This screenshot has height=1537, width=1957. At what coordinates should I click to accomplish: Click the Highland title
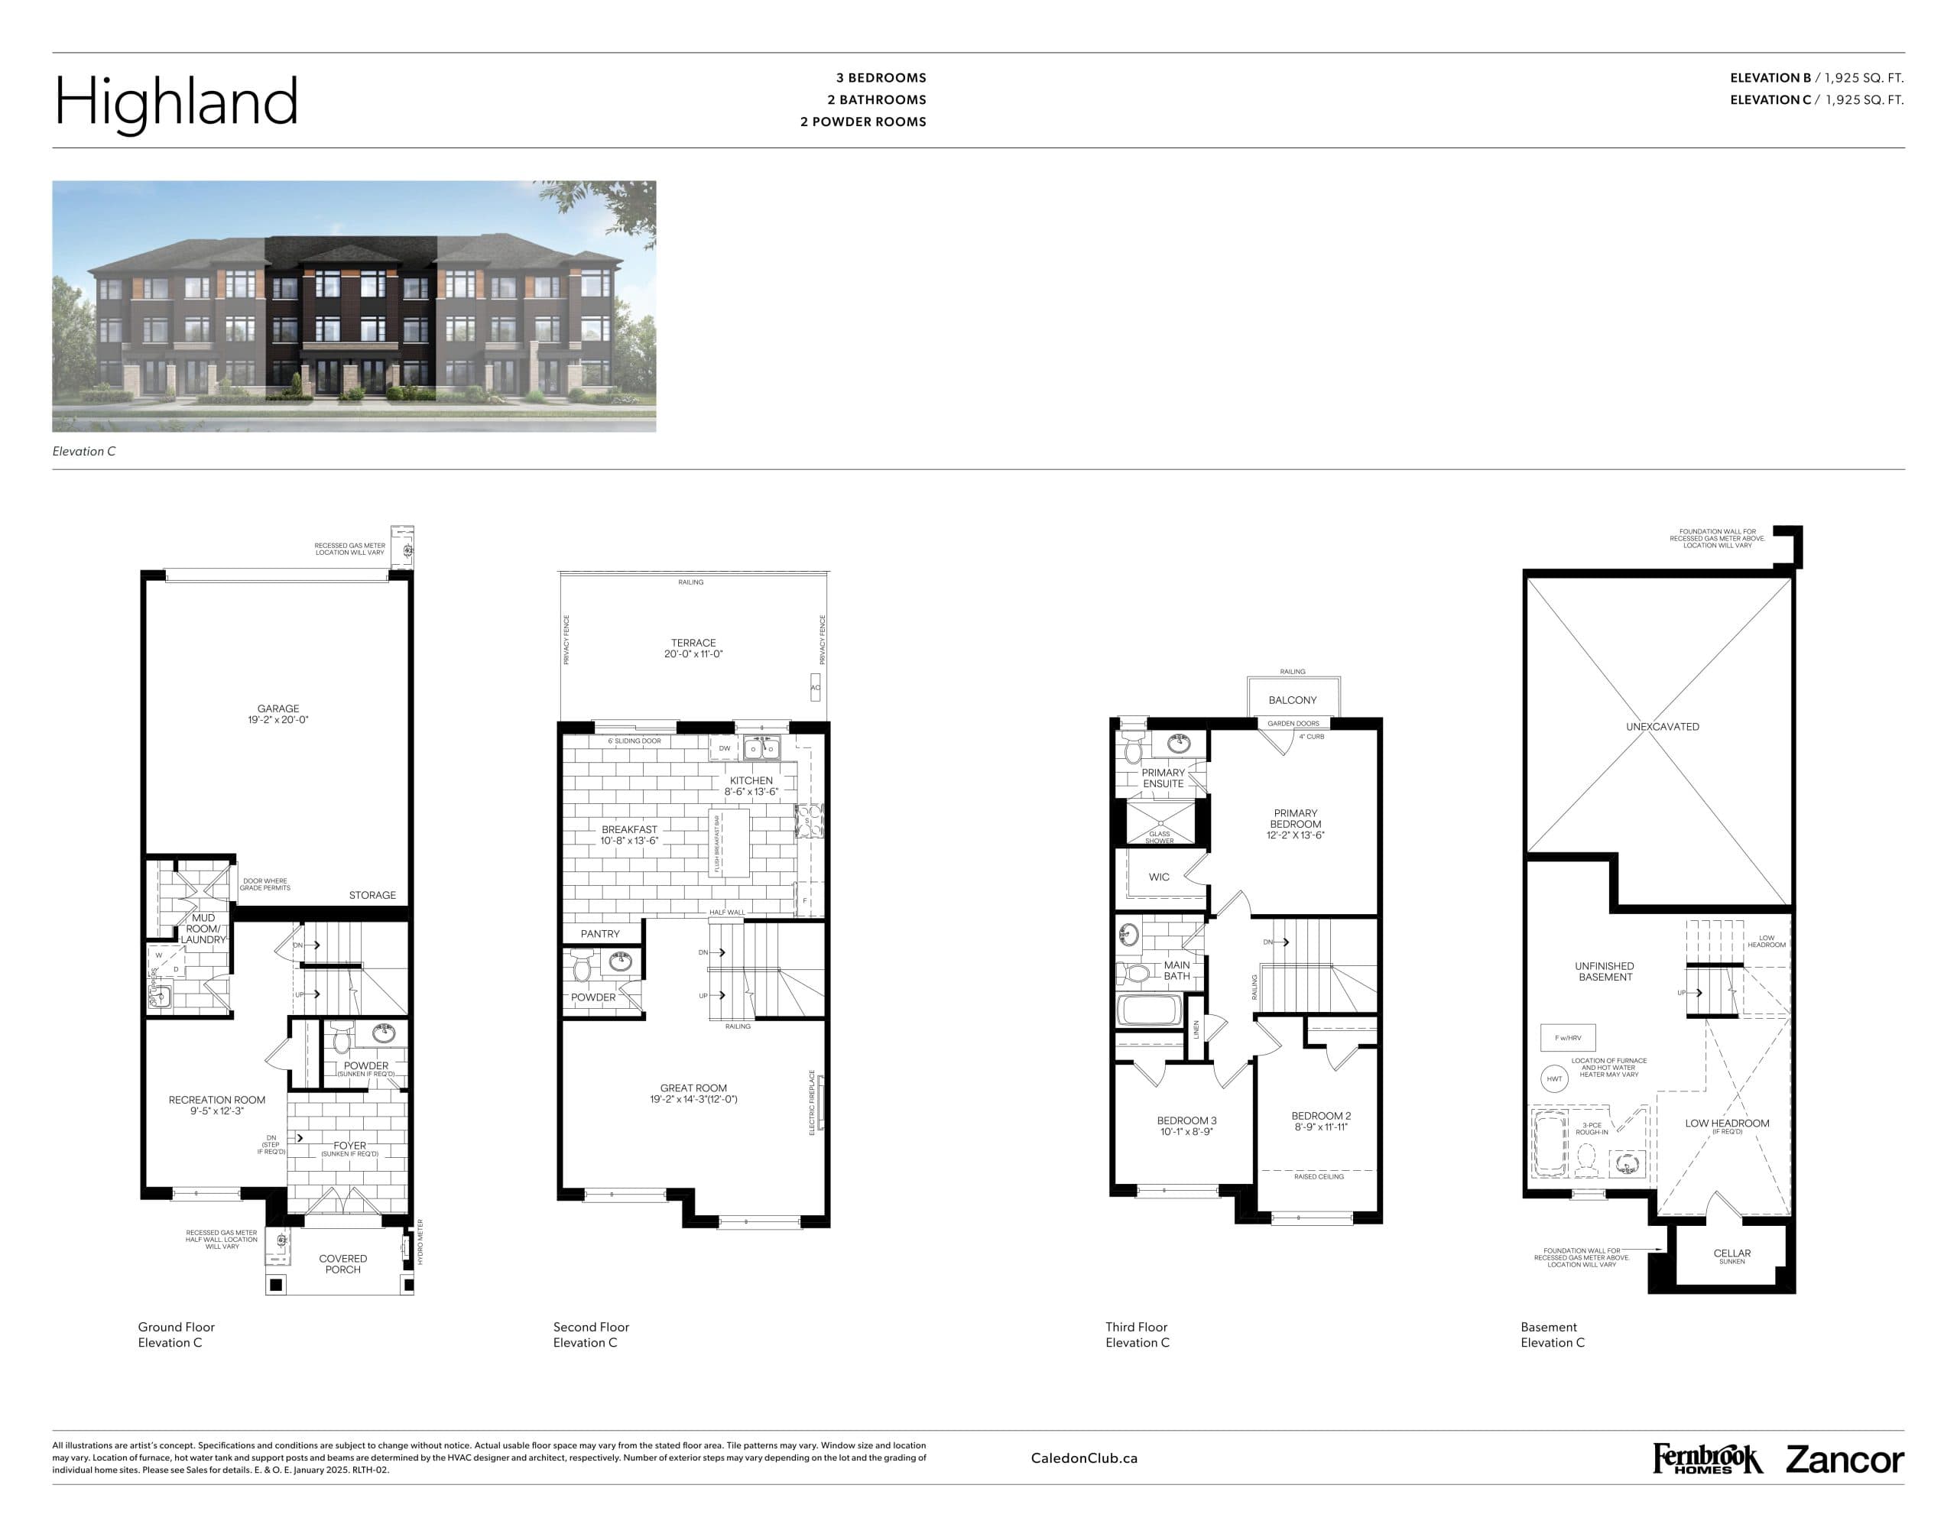177,101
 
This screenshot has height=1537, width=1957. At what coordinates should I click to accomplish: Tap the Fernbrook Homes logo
1707,1459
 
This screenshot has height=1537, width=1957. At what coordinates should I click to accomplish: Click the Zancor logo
1845,1460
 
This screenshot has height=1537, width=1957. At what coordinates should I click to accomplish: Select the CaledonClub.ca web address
1084,1458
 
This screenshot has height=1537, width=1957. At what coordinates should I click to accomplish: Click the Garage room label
278,709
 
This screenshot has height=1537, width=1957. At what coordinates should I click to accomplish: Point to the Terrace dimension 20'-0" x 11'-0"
693,654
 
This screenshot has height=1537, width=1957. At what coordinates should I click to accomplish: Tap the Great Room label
693,1088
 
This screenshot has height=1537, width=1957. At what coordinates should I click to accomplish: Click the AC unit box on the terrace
816,688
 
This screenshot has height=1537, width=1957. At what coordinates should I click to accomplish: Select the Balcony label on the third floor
1292,700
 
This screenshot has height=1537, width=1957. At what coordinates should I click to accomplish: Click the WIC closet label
1159,877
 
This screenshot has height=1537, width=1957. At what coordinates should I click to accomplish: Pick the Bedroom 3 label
1186,1120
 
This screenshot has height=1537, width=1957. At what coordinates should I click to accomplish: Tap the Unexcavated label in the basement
1662,726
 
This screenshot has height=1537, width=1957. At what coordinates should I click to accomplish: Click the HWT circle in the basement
1553,1078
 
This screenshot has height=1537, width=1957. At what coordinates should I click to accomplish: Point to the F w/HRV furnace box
1567,1038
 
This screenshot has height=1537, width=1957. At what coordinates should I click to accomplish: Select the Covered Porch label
343,1263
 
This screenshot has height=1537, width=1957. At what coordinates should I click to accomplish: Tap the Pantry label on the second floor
599,933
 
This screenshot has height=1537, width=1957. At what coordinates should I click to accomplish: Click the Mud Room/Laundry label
203,929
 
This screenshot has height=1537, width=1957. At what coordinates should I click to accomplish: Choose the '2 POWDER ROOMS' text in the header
862,122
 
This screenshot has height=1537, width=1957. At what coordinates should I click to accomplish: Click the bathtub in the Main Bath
1149,1010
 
